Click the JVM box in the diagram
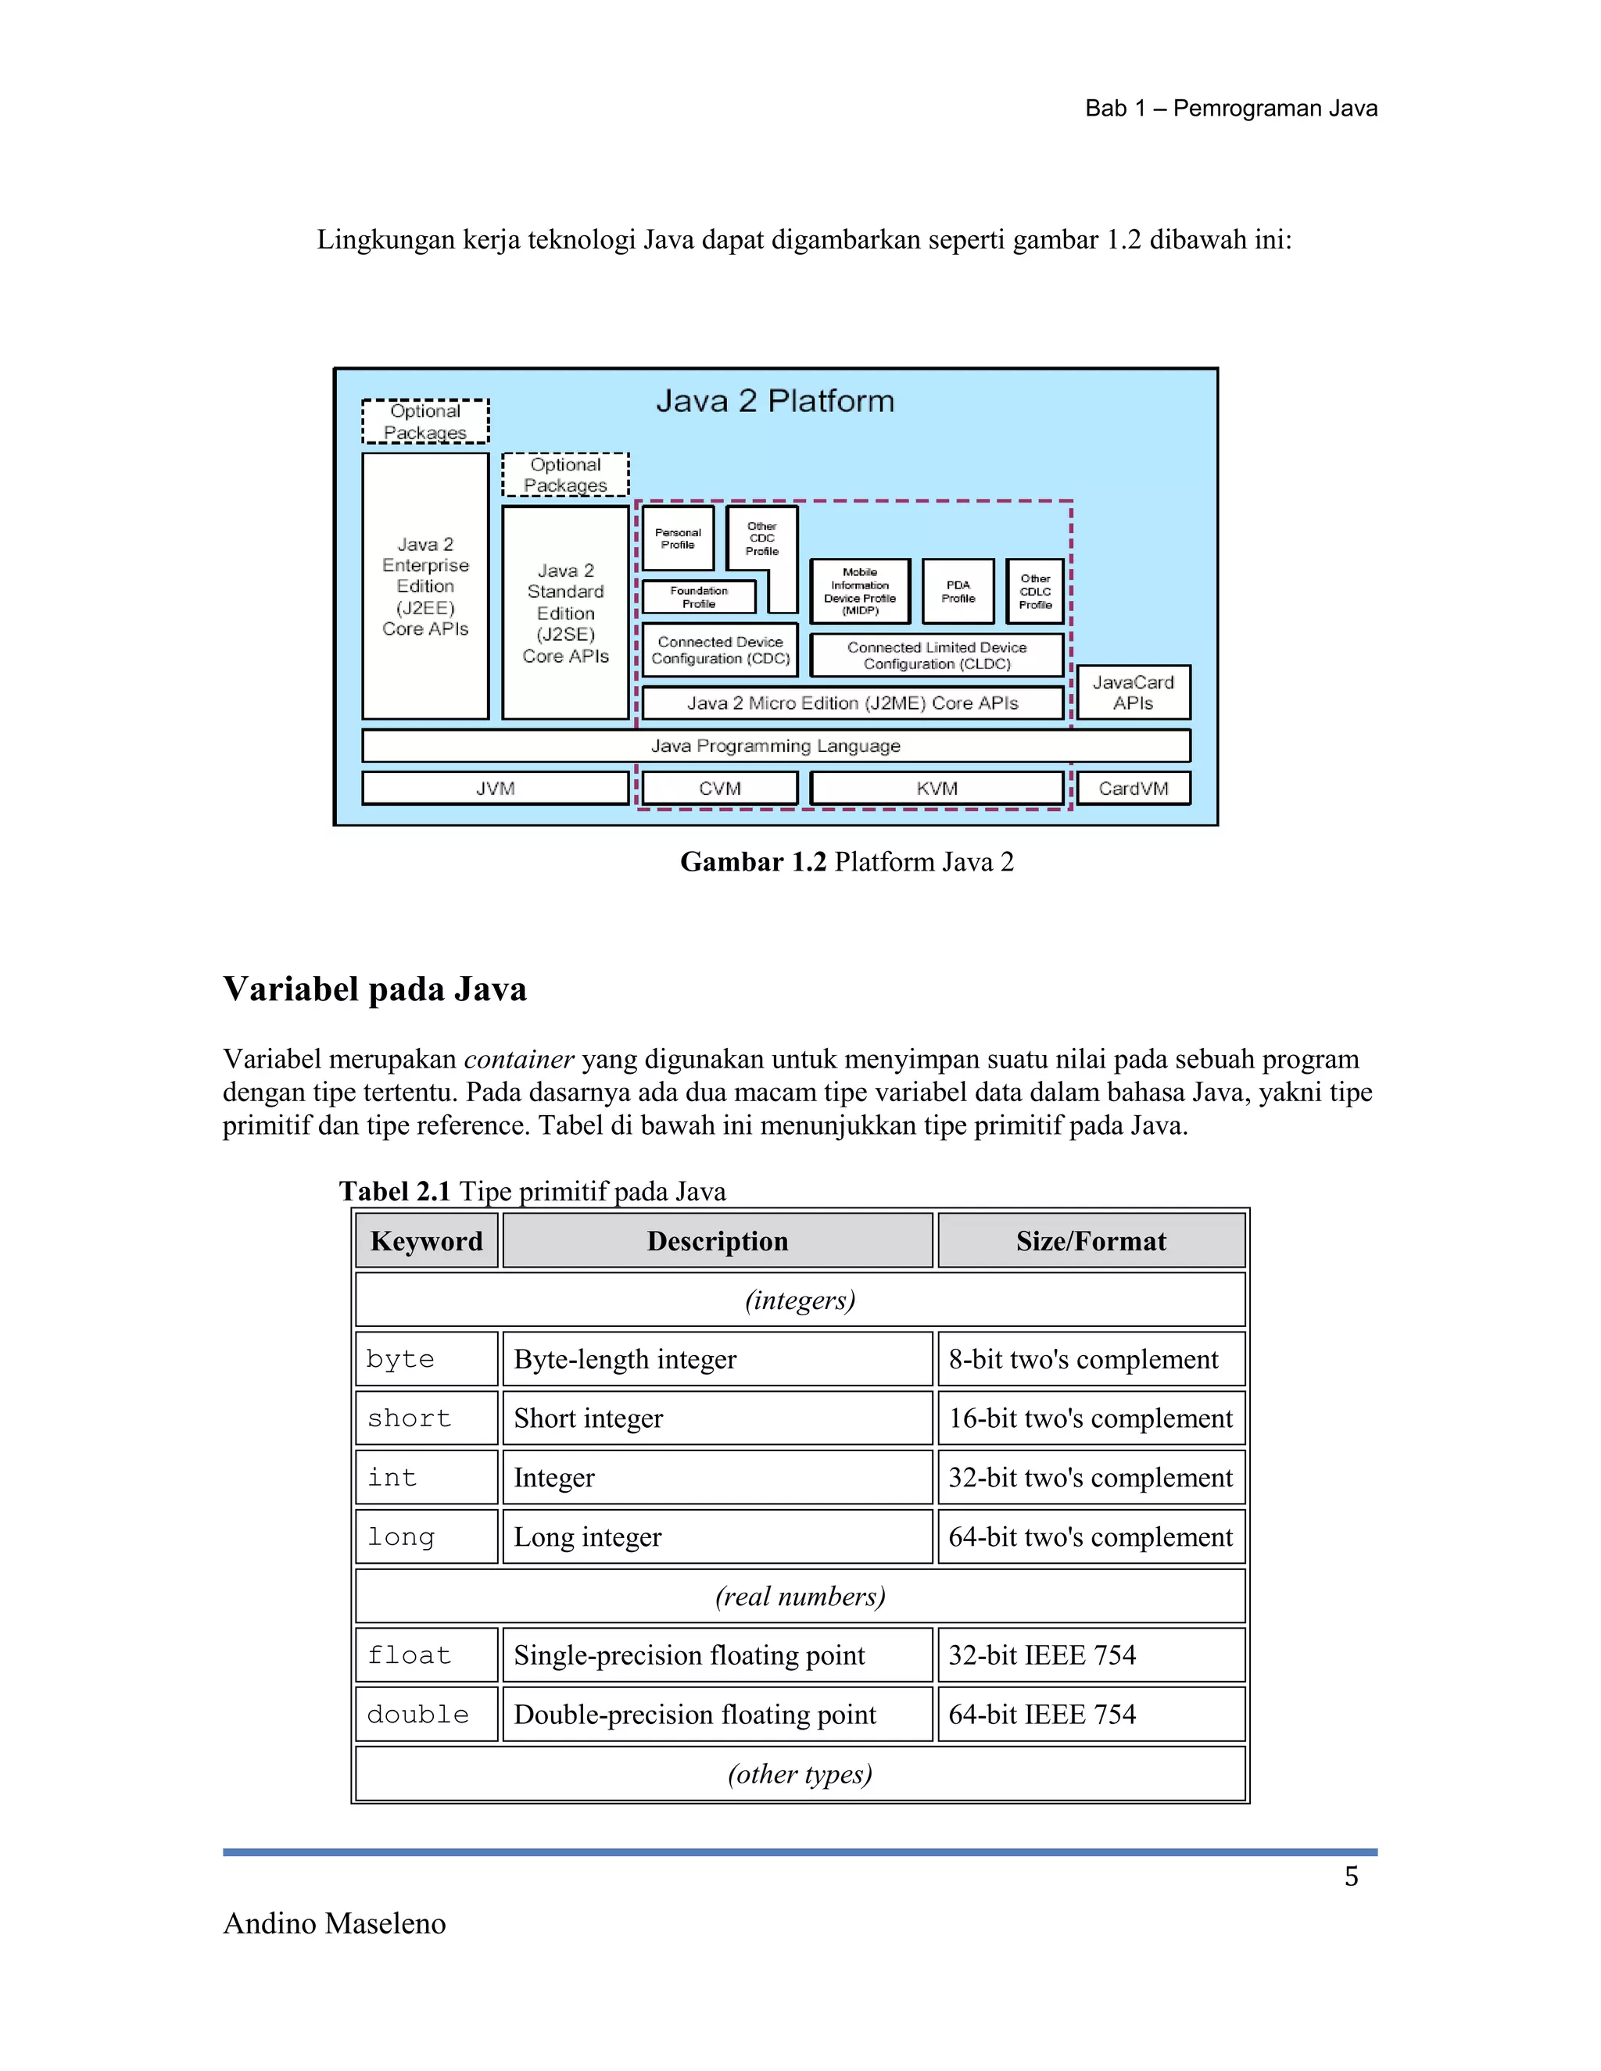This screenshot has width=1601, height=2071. (495, 788)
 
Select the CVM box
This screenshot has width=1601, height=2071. (720, 788)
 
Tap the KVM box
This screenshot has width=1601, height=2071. (937, 788)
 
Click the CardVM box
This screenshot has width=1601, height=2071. (1134, 788)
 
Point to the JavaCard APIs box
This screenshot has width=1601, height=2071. (1134, 692)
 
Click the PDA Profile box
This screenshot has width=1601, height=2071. (958, 592)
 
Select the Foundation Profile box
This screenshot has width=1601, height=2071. (699, 596)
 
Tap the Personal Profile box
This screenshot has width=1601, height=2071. (678, 538)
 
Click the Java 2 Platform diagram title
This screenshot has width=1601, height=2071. (775, 401)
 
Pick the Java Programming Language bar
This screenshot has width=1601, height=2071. (775, 746)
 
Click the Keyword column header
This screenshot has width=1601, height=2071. (427, 1240)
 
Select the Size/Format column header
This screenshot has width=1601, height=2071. (1091, 1240)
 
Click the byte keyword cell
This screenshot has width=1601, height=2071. (427, 1359)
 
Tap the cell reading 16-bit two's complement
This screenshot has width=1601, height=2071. (1091, 1418)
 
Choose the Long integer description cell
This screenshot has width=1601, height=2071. (717, 1536)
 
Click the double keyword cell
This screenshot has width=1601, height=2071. (427, 1714)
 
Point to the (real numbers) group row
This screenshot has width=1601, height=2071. (800, 1596)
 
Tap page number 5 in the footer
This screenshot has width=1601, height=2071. (1351, 1876)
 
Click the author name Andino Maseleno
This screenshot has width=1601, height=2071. (334, 1923)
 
